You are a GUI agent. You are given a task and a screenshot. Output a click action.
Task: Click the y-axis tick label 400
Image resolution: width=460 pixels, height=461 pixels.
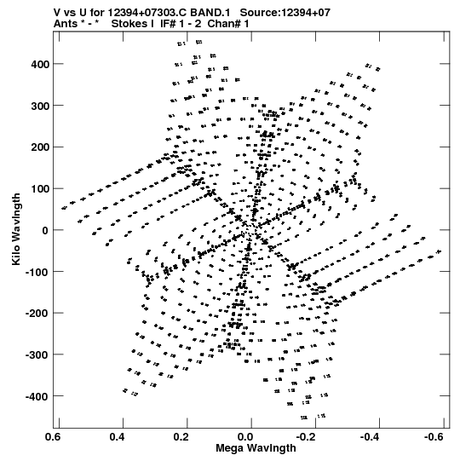[x=40, y=64]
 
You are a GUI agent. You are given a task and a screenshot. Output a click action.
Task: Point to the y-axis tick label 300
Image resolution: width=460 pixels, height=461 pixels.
[x=40, y=106]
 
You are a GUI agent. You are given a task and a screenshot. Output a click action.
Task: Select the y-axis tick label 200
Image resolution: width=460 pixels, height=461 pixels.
[x=40, y=147]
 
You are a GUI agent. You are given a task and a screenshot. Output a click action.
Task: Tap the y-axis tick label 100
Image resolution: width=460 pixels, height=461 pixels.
[x=40, y=189]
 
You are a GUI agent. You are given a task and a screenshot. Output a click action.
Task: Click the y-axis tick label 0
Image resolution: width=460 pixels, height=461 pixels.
[x=45, y=230]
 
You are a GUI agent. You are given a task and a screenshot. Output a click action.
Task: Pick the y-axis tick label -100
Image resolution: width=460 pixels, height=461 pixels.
[x=37, y=272]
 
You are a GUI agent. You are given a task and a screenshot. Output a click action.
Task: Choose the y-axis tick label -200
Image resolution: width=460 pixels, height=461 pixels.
[x=37, y=314]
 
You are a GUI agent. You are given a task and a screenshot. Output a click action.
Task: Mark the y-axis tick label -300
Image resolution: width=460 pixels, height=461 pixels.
[x=37, y=355]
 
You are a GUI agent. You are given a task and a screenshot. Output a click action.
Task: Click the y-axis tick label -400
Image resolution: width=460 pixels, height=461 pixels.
[x=37, y=396]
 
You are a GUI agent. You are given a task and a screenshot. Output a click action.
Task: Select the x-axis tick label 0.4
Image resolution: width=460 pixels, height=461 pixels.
[x=118, y=437]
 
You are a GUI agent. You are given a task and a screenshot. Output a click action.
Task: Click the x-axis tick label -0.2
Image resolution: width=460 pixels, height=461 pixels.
[x=308, y=437]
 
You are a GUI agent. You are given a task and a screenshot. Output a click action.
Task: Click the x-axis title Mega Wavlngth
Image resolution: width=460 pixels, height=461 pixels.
[x=256, y=448]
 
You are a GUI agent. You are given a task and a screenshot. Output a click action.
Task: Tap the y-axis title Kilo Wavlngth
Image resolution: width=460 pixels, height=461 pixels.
[x=16, y=229]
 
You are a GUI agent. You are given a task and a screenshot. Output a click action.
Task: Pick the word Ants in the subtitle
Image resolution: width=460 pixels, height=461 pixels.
[x=66, y=24]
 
